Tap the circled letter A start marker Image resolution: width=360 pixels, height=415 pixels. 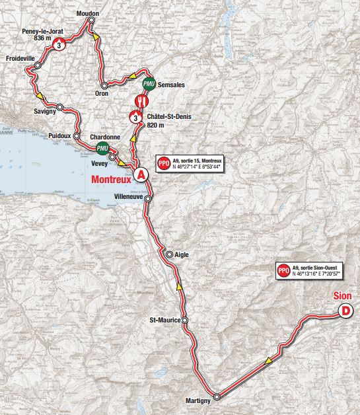click(140, 174)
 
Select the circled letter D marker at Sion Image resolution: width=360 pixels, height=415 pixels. click(344, 311)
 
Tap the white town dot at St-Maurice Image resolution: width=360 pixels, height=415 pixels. click(185, 321)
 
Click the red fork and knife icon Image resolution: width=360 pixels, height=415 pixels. click(142, 100)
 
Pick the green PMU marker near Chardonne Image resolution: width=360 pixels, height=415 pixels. click(102, 147)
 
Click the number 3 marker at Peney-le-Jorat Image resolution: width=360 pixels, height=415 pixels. click(60, 45)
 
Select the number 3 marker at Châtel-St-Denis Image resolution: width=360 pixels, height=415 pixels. click(135, 118)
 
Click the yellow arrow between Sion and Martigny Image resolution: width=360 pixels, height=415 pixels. click(268, 359)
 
